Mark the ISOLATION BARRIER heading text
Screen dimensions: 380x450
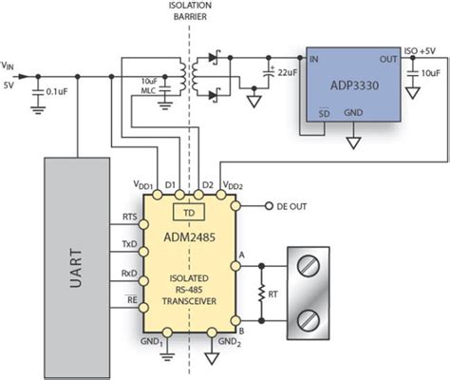click(190, 11)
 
